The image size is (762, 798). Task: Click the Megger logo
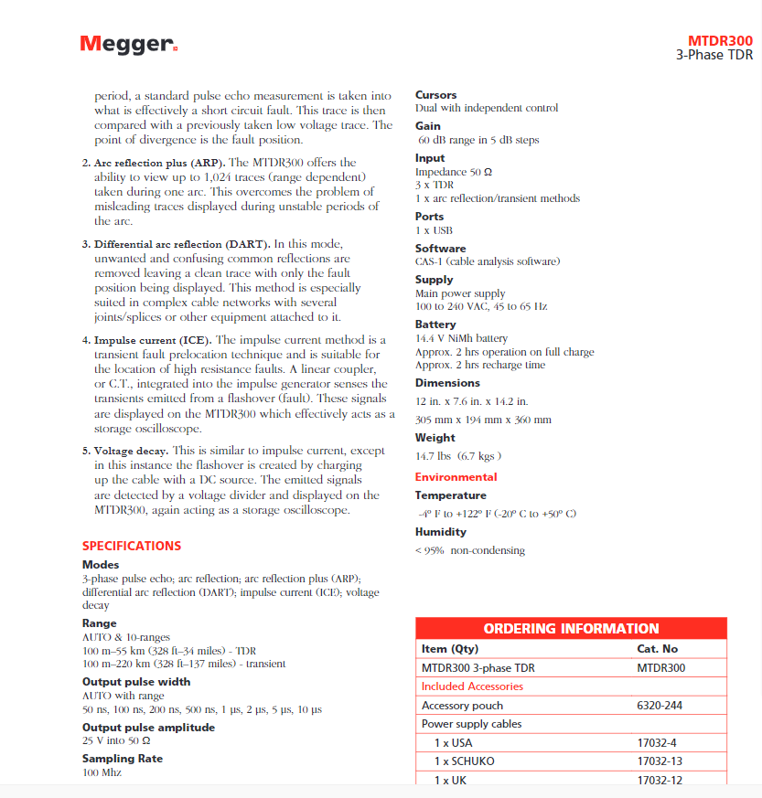click(x=128, y=44)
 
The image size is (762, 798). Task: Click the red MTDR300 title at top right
click(x=720, y=41)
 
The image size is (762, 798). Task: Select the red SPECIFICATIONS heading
click(x=132, y=546)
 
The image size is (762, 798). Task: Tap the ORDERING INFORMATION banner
click(x=571, y=629)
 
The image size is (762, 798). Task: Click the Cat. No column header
click(x=657, y=649)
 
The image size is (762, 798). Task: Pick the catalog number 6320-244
click(x=660, y=706)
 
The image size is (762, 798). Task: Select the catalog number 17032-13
click(x=660, y=761)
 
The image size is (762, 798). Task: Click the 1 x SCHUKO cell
click(x=466, y=761)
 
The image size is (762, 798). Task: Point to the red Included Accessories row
click(x=472, y=686)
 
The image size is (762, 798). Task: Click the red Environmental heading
click(x=456, y=477)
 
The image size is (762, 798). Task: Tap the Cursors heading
click(x=435, y=95)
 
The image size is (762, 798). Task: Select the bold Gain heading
click(x=427, y=126)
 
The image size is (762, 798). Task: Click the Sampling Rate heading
click(x=123, y=759)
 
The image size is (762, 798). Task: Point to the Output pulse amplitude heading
click(x=148, y=728)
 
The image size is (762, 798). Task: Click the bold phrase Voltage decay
click(x=131, y=451)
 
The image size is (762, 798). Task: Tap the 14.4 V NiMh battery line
click(x=461, y=339)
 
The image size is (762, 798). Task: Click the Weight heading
click(x=435, y=438)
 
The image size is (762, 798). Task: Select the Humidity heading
click(x=440, y=532)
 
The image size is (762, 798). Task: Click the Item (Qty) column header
click(x=449, y=649)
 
